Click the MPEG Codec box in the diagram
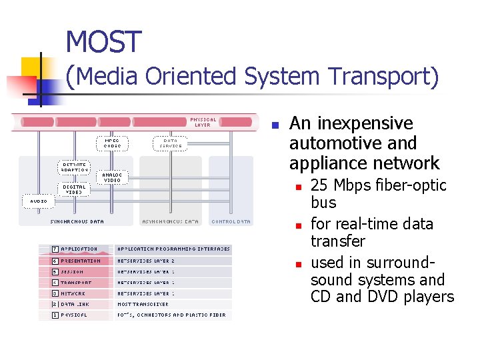click(113, 143)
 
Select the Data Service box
click(170, 143)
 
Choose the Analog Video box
click(112, 177)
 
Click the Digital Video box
click(74, 189)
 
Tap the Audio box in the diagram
click(39, 201)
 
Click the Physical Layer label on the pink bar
click(203, 123)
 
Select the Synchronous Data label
click(77, 221)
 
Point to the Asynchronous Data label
click(170, 221)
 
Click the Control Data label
click(231, 221)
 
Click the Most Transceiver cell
click(143, 304)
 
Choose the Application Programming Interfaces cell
click(173, 249)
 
